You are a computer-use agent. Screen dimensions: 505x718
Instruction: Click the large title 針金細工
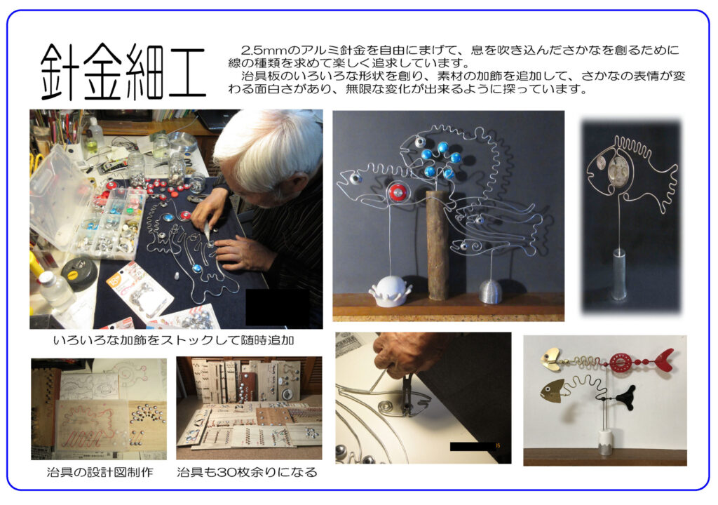(123, 72)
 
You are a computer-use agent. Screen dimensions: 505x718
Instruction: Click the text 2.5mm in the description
(259, 51)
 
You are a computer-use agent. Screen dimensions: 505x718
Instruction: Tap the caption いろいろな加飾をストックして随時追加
(172, 341)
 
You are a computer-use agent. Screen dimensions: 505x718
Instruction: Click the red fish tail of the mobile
(663, 360)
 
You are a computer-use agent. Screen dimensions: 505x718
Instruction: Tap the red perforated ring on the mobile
(621, 362)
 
